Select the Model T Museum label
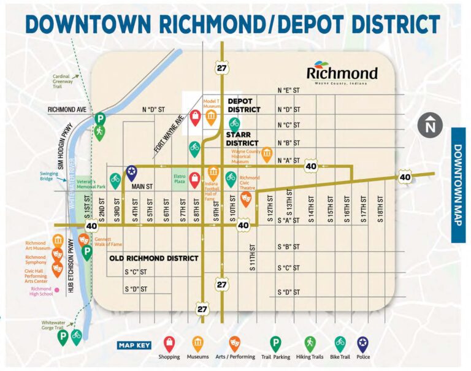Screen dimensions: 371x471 (212, 102)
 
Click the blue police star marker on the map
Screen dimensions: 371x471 (131, 172)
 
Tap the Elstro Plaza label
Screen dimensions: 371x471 (180, 179)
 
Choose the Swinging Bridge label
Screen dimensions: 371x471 (50, 176)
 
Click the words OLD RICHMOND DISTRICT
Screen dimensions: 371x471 (153, 258)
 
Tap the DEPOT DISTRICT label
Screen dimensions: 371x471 (244, 105)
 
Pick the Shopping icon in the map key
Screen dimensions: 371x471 (169, 344)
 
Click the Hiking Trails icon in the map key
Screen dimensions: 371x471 (310, 344)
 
